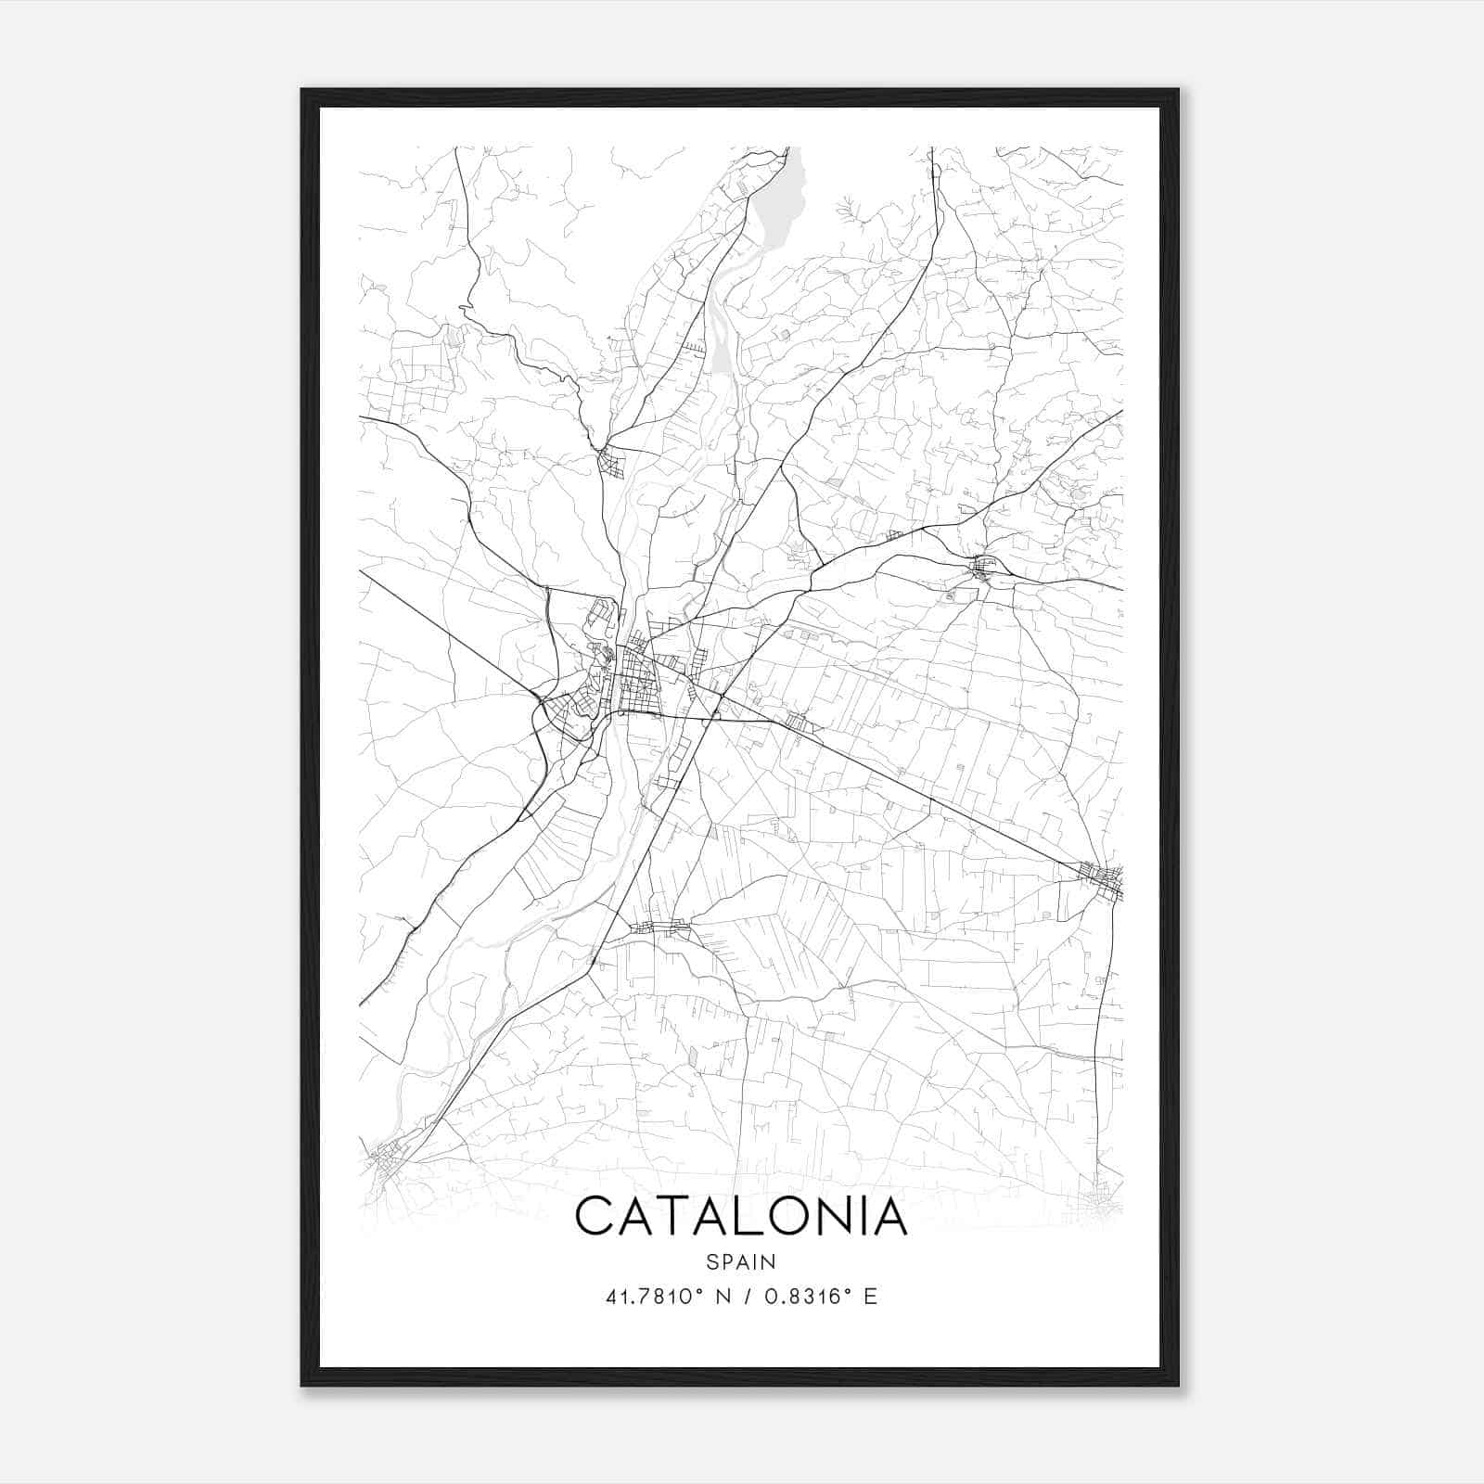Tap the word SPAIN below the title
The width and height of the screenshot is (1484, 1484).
[x=741, y=1261]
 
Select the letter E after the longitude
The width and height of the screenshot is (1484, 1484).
[x=870, y=1297]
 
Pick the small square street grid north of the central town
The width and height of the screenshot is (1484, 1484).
[x=611, y=461]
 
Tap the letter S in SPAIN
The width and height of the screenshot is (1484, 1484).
[x=710, y=1261]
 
